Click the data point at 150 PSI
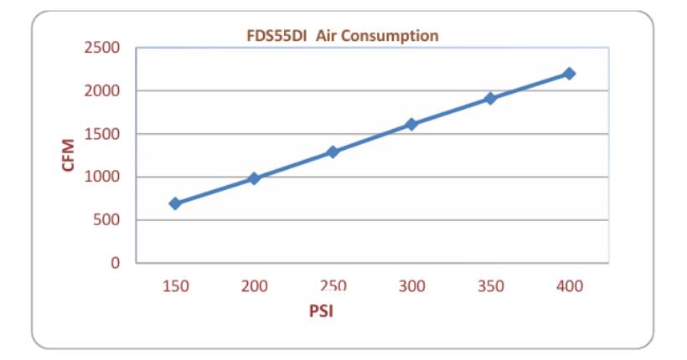coord(175,203)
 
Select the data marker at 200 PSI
coord(254,178)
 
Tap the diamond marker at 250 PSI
coord(333,152)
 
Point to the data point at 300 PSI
coord(411,124)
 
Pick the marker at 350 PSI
coord(490,98)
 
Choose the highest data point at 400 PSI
coord(569,74)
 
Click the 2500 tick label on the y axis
coord(101,48)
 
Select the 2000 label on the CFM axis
coord(101,90)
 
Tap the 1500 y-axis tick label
coord(101,134)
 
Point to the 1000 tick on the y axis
coord(101,177)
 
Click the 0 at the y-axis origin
coord(116,263)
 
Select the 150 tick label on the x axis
coord(175,286)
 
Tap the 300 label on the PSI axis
coord(411,286)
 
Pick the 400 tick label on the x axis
coord(569,286)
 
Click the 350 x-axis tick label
coord(490,286)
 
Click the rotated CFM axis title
coord(69,156)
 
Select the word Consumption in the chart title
coord(395,36)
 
